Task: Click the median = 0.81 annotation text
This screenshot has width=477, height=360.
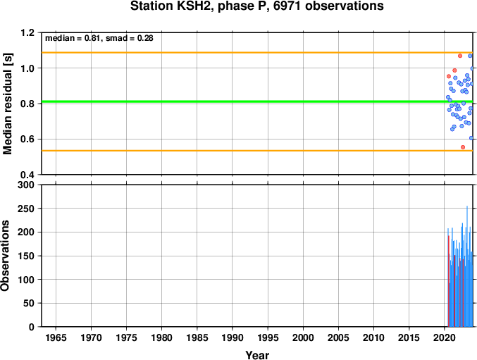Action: (x=73, y=38)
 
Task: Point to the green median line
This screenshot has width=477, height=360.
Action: (x=257, y=101)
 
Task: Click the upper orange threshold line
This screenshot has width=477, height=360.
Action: (x=257, y=53)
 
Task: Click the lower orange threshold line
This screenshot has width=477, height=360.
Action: (x=257, y=151)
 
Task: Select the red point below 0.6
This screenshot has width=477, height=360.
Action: (x=463, y=147)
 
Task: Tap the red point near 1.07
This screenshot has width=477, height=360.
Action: (x=460, y=56)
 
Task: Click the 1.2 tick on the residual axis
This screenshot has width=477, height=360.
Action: (x=27, y=32)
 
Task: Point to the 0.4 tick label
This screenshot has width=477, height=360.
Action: (x=27, y=175)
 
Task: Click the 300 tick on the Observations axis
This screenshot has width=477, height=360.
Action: (x=26, y=185)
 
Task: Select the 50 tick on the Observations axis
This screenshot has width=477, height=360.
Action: (x=29, y=304)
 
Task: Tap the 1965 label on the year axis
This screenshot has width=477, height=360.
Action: (x=56, y=337)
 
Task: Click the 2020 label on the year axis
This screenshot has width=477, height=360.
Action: (x=445, y=337)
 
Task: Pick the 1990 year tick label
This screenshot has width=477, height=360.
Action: (x=233, y=337)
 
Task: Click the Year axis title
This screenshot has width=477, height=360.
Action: (x=257, y=355)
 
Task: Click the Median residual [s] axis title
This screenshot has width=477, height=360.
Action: (x=7, y=104)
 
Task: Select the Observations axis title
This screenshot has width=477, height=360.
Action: (x=5, y=256)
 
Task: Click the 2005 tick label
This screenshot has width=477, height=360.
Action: (x=338, y=337)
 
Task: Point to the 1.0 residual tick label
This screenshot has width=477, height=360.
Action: (x=27, y=68)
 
